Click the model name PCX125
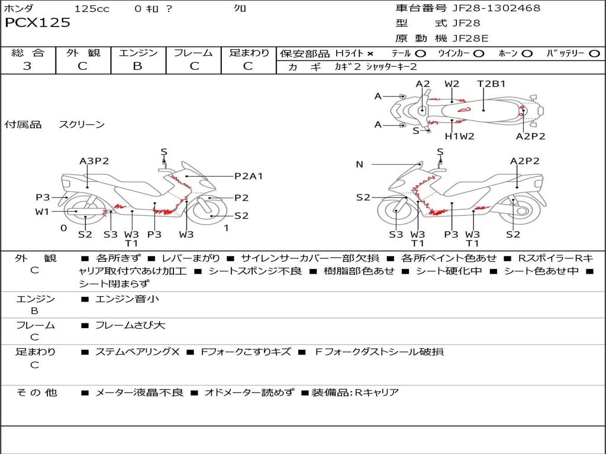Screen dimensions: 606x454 click(x=38, y=23)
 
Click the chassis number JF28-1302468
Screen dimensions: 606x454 click(x=488, y=8)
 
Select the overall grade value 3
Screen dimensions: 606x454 click(x=27, y=66)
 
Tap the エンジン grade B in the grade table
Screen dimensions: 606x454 click(x=137, y=66)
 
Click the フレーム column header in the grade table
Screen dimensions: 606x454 click(x=194, y=53)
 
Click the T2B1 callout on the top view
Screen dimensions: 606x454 click(x=491, y=83)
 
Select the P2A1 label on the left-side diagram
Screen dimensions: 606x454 click(x=248, y=176)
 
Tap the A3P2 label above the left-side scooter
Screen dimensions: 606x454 click(x=94, y=161)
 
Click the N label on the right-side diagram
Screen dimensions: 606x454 click(x=359, y=164)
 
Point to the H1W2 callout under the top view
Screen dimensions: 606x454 click(x=460, y=136)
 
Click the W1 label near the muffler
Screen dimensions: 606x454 click(x=42, y=212)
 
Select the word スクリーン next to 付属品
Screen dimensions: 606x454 click(x=82, y=125)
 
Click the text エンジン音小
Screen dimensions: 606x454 click(x=127, y=299)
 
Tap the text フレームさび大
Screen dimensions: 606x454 click(x=130, y=325)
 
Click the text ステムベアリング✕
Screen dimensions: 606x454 click(x=137, y=352)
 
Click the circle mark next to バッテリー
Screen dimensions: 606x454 click(x=594, y=53)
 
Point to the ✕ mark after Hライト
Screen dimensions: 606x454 click(x=370, y=53)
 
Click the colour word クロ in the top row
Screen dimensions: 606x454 click(x=240, y=8)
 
